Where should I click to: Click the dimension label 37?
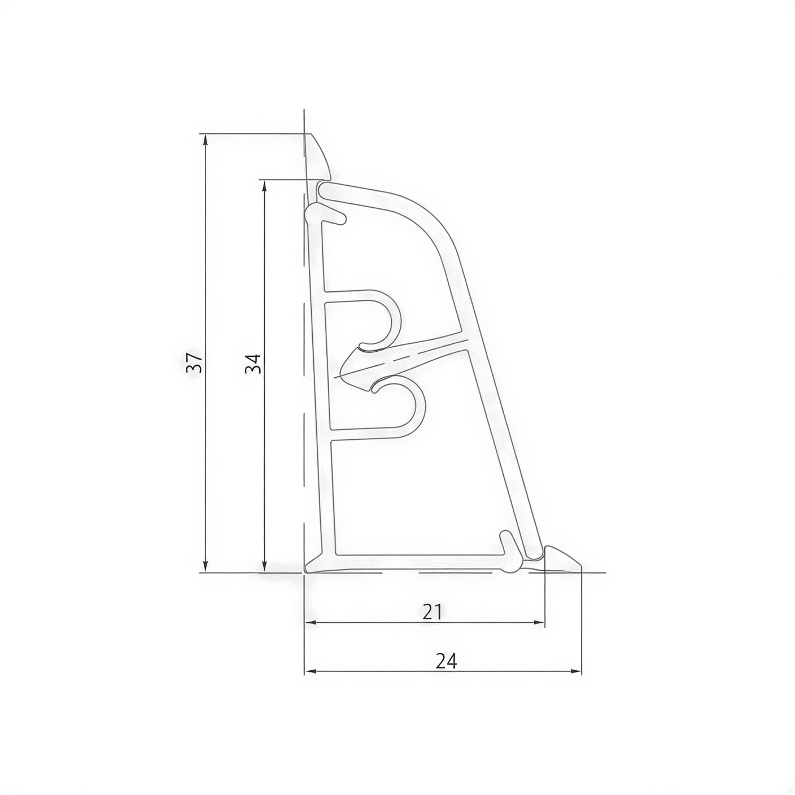click(x=194, y=362)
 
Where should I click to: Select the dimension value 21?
click(x=431, y=612)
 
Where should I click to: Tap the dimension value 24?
click(x=446, y=661)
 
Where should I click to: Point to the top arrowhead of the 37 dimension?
click(x=206, y=139)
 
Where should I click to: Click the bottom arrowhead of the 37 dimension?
click(x=206, y=567)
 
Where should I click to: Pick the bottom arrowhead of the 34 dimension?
click(x=264, y=567)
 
